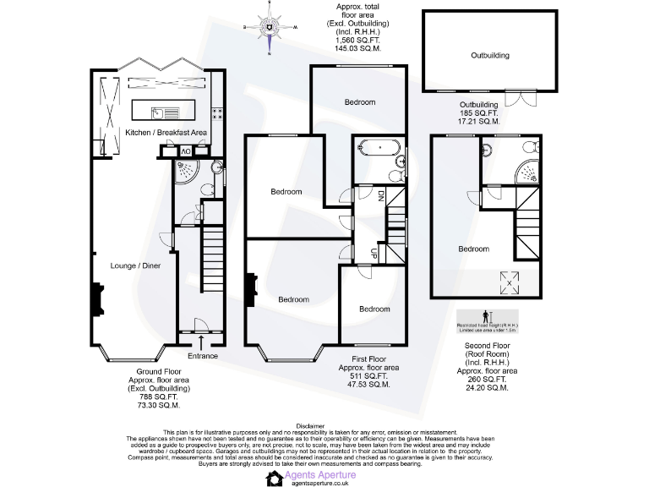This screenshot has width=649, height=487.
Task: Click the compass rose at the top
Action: point(269,27)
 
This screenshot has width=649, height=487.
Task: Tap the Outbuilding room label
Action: point(490,55)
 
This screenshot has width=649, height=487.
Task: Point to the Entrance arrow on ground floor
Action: point(201,342)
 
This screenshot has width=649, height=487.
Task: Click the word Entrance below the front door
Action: point(202,356)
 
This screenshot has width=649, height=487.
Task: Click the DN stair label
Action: point(381,195)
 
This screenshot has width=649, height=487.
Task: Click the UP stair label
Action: point(373,252)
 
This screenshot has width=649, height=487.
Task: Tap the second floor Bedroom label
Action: point(473,249)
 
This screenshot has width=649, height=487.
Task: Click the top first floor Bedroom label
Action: point(359,101)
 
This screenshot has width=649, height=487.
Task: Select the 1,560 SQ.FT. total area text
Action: point(357,41)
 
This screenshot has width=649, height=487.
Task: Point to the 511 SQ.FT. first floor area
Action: point(363,376)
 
